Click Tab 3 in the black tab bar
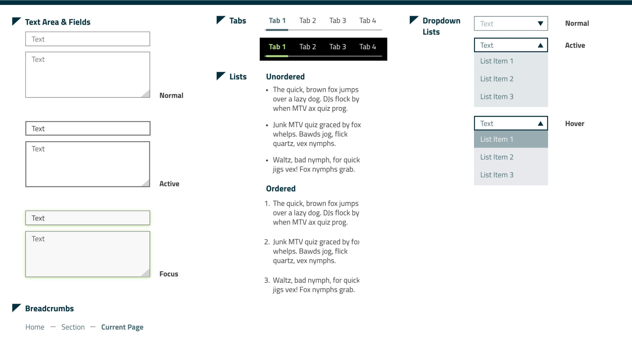coord(337,47)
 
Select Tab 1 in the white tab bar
coord(277,21)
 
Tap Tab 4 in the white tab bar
coord(367,21)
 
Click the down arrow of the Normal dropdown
coord(540,24)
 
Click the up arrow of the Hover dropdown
coord(540,124)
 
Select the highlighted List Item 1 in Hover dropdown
coord(511,139)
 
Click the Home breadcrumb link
coord(35,327)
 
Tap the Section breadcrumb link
coord(73,327)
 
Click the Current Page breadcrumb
coord(122,327)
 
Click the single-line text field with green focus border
coord(87,218)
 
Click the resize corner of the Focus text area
coord(146,273)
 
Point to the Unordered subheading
coord(285,76)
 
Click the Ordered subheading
coord(281,188)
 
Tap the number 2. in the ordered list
coord(267,242)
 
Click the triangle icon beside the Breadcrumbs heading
coord(16,307)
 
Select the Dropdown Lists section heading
coord(441,26)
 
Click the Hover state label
coord(574,124)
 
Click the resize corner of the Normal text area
coord(146,94)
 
